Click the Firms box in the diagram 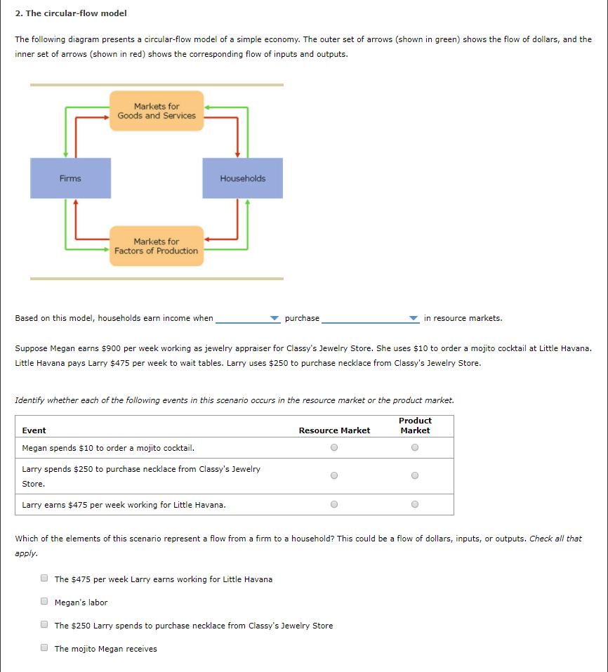pyautogui.click(x=70, y=178)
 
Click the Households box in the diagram pyautogui.click(x=242, y=178)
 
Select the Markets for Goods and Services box pyautogui.click(x=157, y=111)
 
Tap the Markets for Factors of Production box pyautogui.click(x=157, y=246)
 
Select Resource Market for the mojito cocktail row pyautogui.click(x=334, y=447)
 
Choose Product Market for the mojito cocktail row pyautogui.click(x=415, y=447)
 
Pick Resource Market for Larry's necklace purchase pyautogui.click(x=334, y=475)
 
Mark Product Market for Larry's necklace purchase pyautogui.click(x=415, y=475)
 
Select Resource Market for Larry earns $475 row pyautogui.click(x=334, y=503)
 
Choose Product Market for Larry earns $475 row pyautogui.click(x=415, y=503)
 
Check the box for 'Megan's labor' pyautogui.click(x=44, y=602)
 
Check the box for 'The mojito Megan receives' pyautogui.click(x=44, y=648)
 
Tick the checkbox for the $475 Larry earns pyautogui.click(x=44, y=579)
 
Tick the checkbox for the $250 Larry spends pyautogui.click(x=44, y=625)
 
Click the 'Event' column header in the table pyautogui.click(x=34, y=430)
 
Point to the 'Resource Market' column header pyautogui.click(x=334, y=430)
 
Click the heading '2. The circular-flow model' pyautogui.click(x=61, y=13)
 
